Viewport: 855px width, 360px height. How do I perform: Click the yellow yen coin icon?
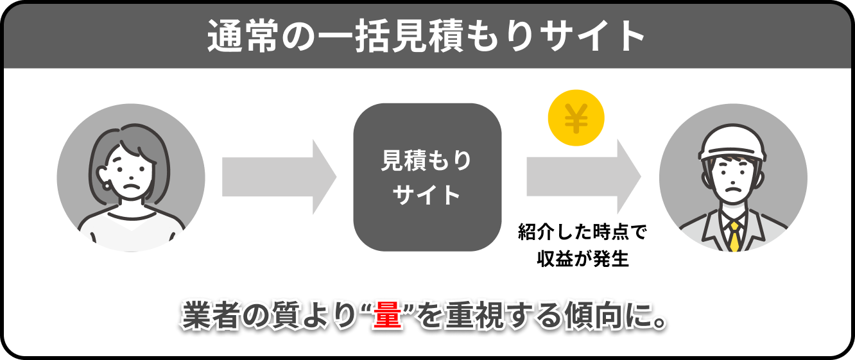(x=576, y=118)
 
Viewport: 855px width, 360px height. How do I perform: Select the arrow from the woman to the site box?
(x=279, y=177)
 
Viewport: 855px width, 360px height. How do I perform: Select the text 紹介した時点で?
(x=583, y=232)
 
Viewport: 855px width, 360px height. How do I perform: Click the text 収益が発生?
(x=583, y=260)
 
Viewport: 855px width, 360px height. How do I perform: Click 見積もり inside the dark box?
(x=427, y=162)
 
